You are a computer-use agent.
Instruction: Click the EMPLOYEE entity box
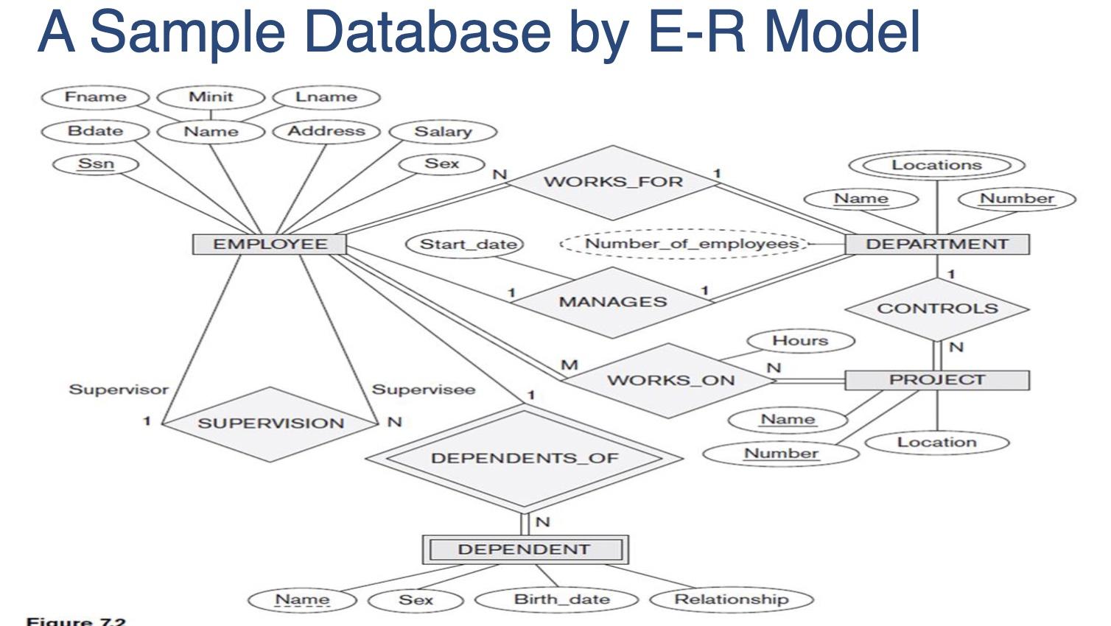click(270, 245)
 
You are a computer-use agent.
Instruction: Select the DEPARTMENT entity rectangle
click(936, 245)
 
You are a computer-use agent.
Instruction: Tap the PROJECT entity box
click(936, 380)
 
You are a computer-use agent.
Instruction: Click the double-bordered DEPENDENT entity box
click(524, 549)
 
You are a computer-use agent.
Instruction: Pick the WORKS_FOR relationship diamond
click(613, 182)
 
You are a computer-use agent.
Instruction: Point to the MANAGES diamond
click(612, 302)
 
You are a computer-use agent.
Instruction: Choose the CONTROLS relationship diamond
click(936, 309)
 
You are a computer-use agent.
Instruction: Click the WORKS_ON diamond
click(670, 381)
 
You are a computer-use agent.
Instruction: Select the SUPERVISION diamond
click(270, 423)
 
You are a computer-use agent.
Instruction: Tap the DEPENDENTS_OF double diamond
click(524, 458)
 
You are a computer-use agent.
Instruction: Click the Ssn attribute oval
click(96, 163)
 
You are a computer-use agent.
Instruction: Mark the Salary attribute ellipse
click(443, 132)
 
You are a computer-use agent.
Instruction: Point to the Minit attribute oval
click(211, 96)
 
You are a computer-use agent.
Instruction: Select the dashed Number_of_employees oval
click(691, 244)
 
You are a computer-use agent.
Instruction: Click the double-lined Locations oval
click(936, 165)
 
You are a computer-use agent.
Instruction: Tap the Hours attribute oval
click(800, 341)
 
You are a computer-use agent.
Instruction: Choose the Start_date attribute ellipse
click(467, 244)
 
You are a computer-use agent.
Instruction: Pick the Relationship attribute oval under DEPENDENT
click(731, 599)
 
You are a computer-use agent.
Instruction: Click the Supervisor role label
click(119, 389)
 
